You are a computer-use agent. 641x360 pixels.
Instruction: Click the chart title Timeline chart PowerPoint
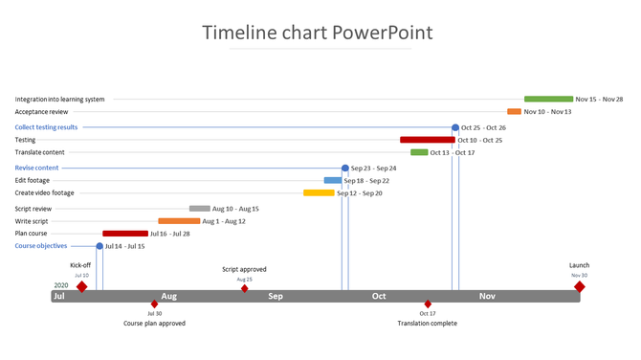click(x=317, y=33)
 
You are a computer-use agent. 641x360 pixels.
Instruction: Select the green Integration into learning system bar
click(x=548, y=99)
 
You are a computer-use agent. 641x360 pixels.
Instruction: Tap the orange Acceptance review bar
click(x=514, y=111)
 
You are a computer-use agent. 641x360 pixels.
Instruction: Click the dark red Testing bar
click(x=427, y=140)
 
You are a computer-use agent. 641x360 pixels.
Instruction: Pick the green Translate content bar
click(x=419, y=152)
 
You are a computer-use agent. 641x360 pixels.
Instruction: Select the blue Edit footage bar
click(x=332, y=180)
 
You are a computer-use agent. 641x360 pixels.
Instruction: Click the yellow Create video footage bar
click(x=319, y=192)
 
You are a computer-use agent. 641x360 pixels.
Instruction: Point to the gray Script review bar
click(x=199, y=208)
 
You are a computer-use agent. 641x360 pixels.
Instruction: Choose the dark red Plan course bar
click(x=125, y=233)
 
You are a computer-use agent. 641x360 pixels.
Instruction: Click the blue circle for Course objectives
click(x=99, y=246)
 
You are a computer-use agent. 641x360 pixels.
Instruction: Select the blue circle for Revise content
click(x=345, y=168)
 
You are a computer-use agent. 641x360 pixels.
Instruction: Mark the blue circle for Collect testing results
click(x=455, y=127)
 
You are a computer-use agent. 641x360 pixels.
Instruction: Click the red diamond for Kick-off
click(x=81, y=286)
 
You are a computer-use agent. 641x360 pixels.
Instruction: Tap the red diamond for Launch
click(x=579, y=286)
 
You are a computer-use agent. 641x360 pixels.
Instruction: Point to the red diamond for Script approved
click(x=244, y=288)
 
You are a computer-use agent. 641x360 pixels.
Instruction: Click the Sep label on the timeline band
click(x=276, y=297)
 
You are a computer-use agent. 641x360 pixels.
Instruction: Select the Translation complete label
click(x=427, y=324)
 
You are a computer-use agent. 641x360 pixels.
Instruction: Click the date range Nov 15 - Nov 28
click(x=599, y=99)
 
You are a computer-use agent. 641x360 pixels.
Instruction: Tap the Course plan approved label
click(x=154, y=324)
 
